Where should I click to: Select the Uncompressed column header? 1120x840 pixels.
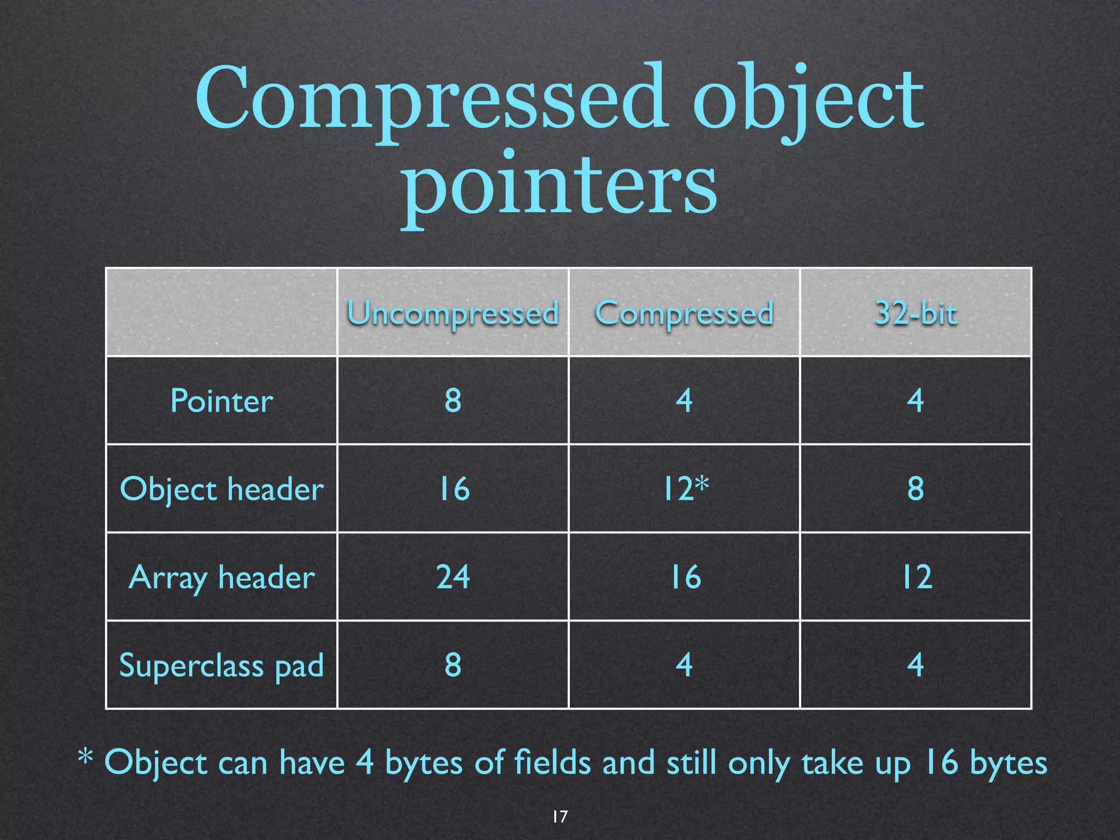453,313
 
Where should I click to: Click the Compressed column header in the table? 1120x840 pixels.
684,313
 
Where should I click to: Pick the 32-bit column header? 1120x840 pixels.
916,313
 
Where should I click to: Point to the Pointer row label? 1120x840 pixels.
221,401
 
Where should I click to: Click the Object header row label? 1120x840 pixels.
221,489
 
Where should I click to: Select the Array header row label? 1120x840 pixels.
221,577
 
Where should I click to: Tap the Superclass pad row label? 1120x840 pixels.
221,666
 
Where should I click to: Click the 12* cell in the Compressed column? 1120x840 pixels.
685,488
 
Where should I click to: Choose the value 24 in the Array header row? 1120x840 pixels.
453,577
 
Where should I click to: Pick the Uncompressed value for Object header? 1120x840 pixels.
454,488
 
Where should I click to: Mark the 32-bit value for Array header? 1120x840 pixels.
917,577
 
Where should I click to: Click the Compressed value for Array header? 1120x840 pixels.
685,577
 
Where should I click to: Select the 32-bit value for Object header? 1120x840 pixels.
916,488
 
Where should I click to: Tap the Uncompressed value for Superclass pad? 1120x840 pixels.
453,665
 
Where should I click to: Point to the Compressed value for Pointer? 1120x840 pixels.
684,400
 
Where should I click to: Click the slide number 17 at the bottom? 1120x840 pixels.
559,816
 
